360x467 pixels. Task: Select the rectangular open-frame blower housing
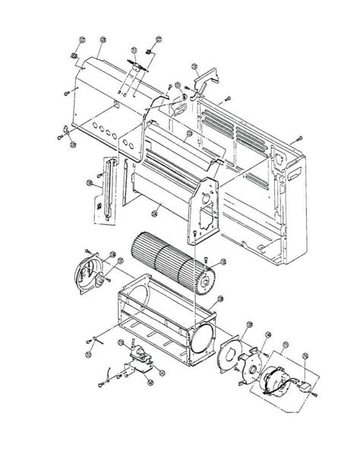(159, 319)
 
